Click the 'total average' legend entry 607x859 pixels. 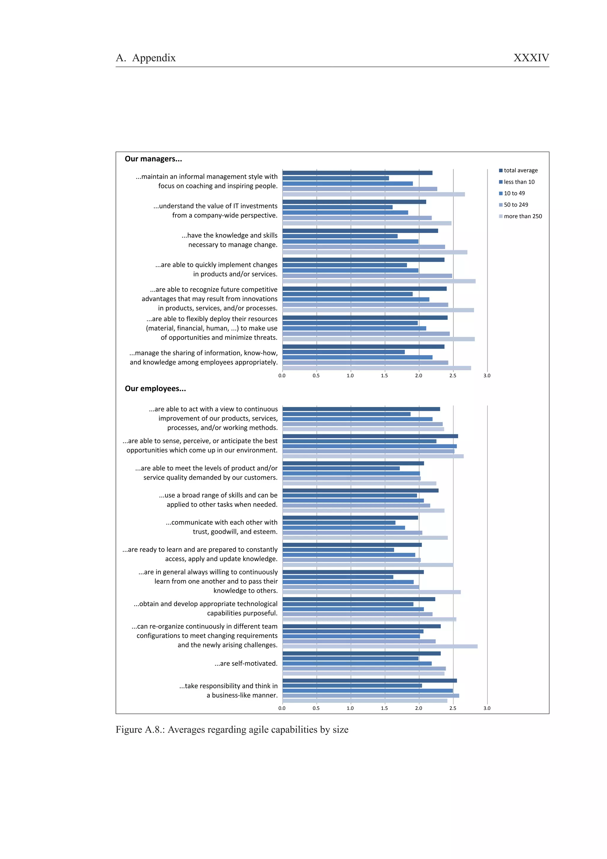tap(520, 171)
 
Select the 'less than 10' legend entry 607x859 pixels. tap(519, 182)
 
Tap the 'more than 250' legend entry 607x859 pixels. tap(523, 216)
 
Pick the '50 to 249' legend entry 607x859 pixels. tap(516, 205)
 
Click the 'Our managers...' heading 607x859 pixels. tap(153, 159)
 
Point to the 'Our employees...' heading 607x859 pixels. tap(155, 389)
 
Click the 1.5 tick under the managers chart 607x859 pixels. tap(384, 376)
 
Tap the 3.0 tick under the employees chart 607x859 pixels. tap(487, 708)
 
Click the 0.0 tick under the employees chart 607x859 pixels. tap(282, 708)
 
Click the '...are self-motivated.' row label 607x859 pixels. tap(246, 663)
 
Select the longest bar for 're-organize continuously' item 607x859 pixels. tap(380, 646)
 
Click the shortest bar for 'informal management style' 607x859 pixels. tap(336, 178)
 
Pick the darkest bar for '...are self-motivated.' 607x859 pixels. tap(361, 653)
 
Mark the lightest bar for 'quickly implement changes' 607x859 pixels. tap(379, 281)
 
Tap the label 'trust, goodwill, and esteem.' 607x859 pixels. tap(235, 532)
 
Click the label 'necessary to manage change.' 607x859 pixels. tap(233, 245)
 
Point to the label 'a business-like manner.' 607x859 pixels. tap(242, 695)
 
